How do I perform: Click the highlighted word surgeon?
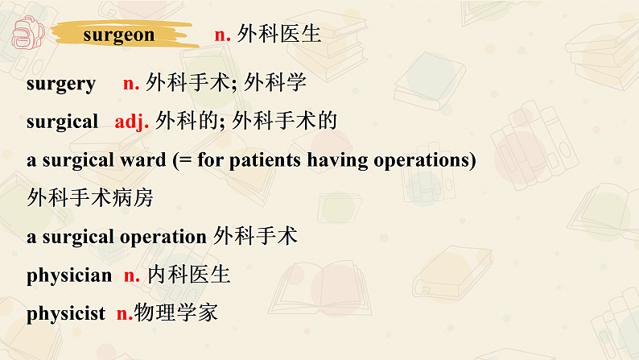(x=118, y=35)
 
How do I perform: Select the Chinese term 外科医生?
(x=279, y=35)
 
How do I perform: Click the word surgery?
(x=61, y=84)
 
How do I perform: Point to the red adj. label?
(x=132, y=122)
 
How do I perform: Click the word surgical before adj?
(x=62, y=122)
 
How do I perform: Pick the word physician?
(x=69, y=275)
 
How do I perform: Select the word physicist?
(x=66, y=314)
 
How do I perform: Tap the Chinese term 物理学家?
(x=176, y=313)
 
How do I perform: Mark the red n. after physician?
(x=132, y=275)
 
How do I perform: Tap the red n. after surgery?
(x=131, y=84)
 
